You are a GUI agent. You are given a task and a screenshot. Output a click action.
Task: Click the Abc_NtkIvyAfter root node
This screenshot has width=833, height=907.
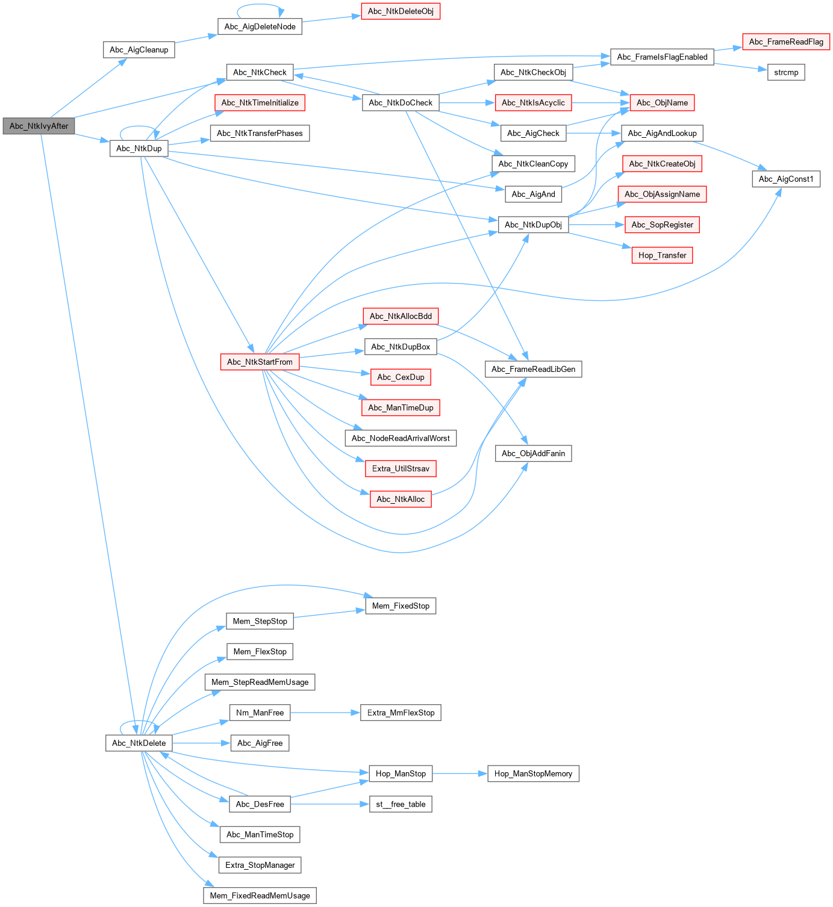pos(39,126)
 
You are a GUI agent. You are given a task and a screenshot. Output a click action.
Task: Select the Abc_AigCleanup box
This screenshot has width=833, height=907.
pos(139,50)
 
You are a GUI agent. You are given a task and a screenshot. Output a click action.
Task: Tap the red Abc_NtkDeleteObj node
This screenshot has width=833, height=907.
pos(401,11)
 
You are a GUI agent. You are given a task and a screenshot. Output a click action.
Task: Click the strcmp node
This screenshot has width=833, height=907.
pos(786,72)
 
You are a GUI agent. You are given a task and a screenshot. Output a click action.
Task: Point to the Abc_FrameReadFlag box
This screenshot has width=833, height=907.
pos(786,42)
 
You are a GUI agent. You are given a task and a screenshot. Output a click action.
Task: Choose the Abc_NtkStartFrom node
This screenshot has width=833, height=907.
pos(260,362)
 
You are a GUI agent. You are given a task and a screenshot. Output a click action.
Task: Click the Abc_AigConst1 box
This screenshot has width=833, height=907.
pos(786,179)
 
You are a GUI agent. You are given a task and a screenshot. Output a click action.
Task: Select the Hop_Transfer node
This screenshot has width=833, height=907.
pos(662,255)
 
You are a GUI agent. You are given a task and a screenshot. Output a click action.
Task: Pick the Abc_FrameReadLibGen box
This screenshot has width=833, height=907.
pos(533,369)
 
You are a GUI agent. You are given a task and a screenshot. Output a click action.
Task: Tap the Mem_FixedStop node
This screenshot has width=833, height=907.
pos(401,605)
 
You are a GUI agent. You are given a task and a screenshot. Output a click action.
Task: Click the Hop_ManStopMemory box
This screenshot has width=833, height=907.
pos(533,773)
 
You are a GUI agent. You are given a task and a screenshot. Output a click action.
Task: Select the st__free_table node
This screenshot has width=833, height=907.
pos(401,804)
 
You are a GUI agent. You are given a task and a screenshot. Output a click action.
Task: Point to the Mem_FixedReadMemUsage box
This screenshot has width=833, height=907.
pos(260,896)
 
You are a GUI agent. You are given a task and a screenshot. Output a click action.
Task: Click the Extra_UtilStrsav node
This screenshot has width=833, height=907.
pos(401,468)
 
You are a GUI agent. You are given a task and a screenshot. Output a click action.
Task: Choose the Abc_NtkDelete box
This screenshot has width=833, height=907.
pos(139,743)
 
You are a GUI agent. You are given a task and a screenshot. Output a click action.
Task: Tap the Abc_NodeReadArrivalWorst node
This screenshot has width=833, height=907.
pos(401,438)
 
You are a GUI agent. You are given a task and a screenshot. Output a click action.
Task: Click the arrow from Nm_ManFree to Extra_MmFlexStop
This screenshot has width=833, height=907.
pos(325,713)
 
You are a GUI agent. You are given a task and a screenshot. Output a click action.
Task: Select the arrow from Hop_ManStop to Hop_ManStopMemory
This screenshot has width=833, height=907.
pos(460,773)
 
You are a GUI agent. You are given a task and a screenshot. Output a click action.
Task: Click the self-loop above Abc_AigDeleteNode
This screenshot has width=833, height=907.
pos(260,5)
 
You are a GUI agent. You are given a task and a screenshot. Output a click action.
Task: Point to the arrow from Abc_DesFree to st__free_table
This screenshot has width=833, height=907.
pos(330,804)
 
